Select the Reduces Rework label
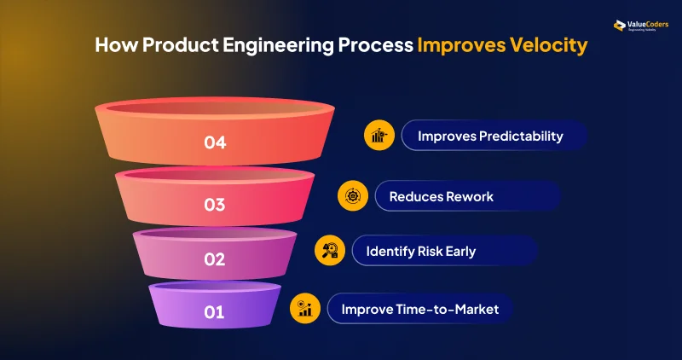pyautogui.click(x=441, y=196)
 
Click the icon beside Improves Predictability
pyautogui.click(x=379, y=136)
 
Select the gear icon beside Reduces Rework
pyautogui.click(x=352, y=196)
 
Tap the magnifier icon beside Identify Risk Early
pyautogui.click(x=329, y=251)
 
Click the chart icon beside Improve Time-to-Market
pyautogui.click(x=304, y=308)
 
